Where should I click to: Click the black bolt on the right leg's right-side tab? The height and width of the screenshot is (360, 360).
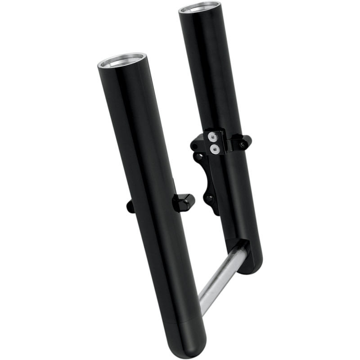click(243, 144)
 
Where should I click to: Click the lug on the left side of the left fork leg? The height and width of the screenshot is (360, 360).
click(130, 206)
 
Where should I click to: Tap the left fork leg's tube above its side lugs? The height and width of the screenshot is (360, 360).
click(135, 135)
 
